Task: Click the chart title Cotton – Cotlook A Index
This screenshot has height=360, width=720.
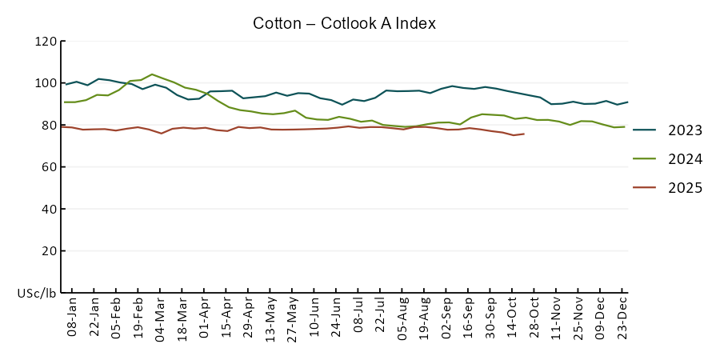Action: tap(344, 23)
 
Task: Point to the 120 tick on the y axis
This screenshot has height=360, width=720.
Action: tap(46, 42)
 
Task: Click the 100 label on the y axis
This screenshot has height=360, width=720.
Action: tap(46, 83)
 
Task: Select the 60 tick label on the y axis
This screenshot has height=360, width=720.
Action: tap(49, 167)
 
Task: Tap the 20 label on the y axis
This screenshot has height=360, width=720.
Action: tap(49, 250)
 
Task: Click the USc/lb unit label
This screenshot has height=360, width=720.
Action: tap(37, 293)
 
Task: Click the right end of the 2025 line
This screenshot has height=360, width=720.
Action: tap(524, 134)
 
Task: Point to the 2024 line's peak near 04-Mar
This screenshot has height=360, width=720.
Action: tap(152, 74)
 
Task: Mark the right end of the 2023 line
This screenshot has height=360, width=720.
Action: tap(627, 102)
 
